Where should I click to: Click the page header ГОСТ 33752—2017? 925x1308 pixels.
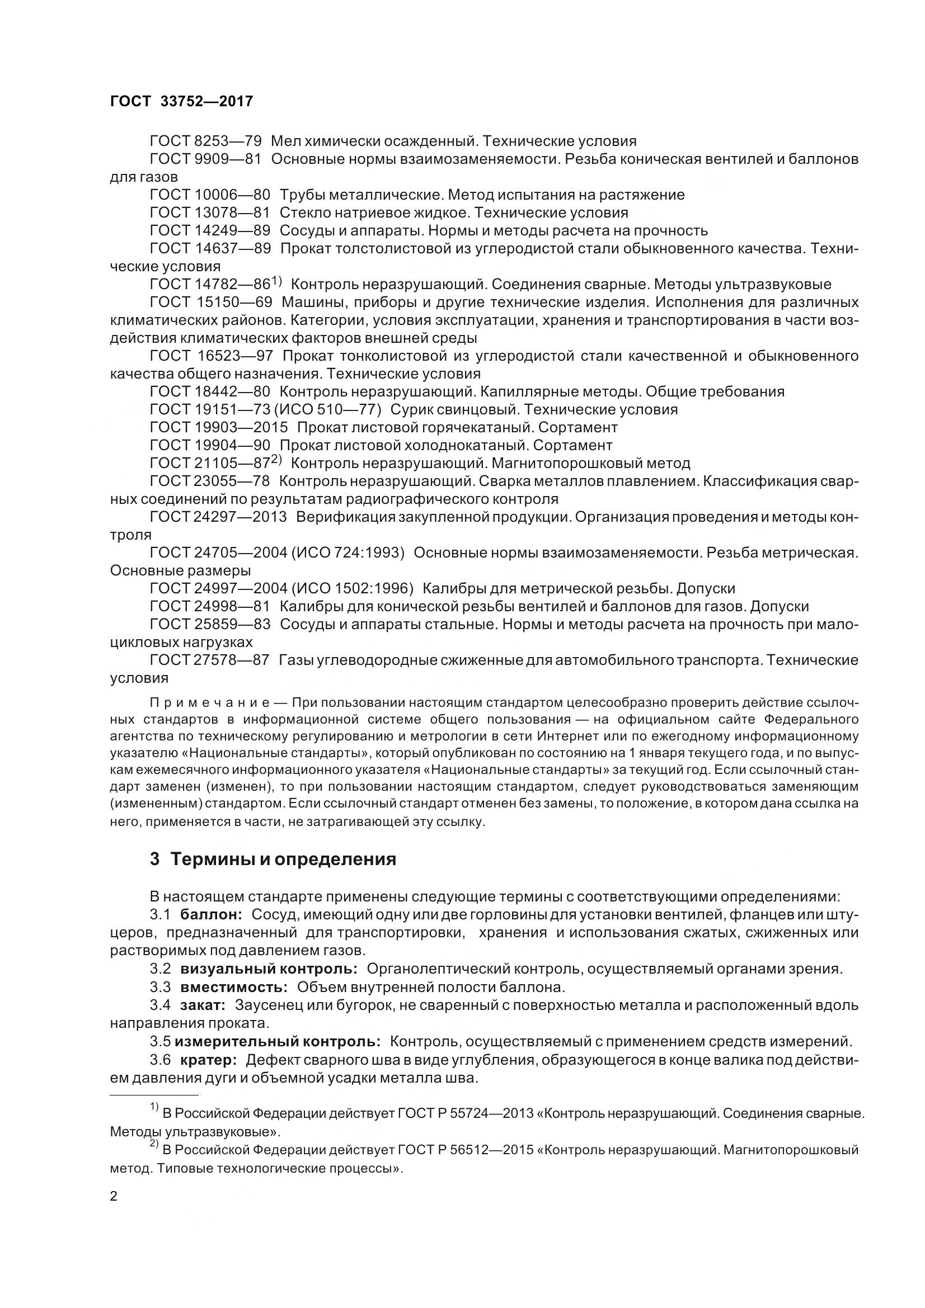[181, 101]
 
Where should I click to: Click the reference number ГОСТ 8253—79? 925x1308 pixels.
[205, 141]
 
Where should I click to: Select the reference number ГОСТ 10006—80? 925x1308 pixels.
[210, 195]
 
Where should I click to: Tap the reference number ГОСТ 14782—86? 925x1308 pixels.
[210, 284]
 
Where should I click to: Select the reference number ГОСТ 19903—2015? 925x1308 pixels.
[219, 427]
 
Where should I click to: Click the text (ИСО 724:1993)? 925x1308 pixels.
[350, 553]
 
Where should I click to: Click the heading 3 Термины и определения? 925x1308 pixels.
[273, 858]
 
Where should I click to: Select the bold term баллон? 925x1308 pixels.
[212, 915]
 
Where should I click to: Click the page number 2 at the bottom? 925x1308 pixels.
[114, 1196]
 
